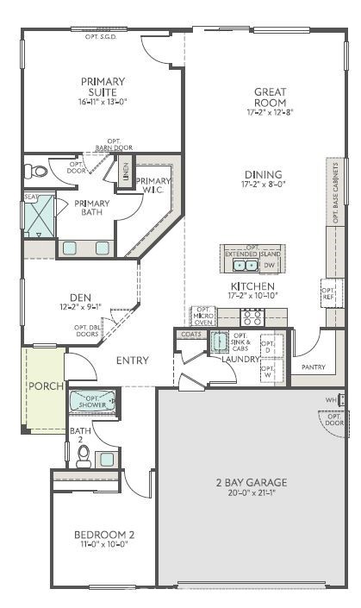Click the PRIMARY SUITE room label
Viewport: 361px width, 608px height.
point(103,86)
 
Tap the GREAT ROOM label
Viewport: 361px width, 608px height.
point(269,97)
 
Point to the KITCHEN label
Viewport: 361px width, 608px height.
point(252,286)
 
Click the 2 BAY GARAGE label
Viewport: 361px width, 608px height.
point(251,482)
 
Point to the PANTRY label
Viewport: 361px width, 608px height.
point(313,367)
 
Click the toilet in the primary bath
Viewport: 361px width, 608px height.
point(36,171)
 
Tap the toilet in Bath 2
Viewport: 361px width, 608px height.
point(84,454)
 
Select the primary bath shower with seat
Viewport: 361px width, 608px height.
point(39,216)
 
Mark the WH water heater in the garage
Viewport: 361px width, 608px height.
point(331,400)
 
